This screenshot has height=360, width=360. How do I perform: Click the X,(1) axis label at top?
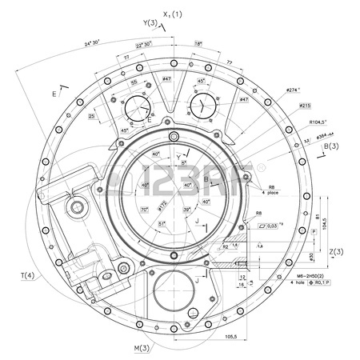click(172, 14)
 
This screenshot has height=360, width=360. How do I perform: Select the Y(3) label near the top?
click(150, 23)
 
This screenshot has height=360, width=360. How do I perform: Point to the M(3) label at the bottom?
click(142, 348)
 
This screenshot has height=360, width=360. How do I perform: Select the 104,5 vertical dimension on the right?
click(324, 226)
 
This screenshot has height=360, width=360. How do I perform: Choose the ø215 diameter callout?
click(304, 106)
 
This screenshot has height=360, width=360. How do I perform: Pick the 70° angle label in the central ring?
click(145, 210)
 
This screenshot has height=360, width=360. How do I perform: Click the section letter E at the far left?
click(54, 94)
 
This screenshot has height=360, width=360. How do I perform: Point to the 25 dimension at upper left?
click(93, 116)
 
